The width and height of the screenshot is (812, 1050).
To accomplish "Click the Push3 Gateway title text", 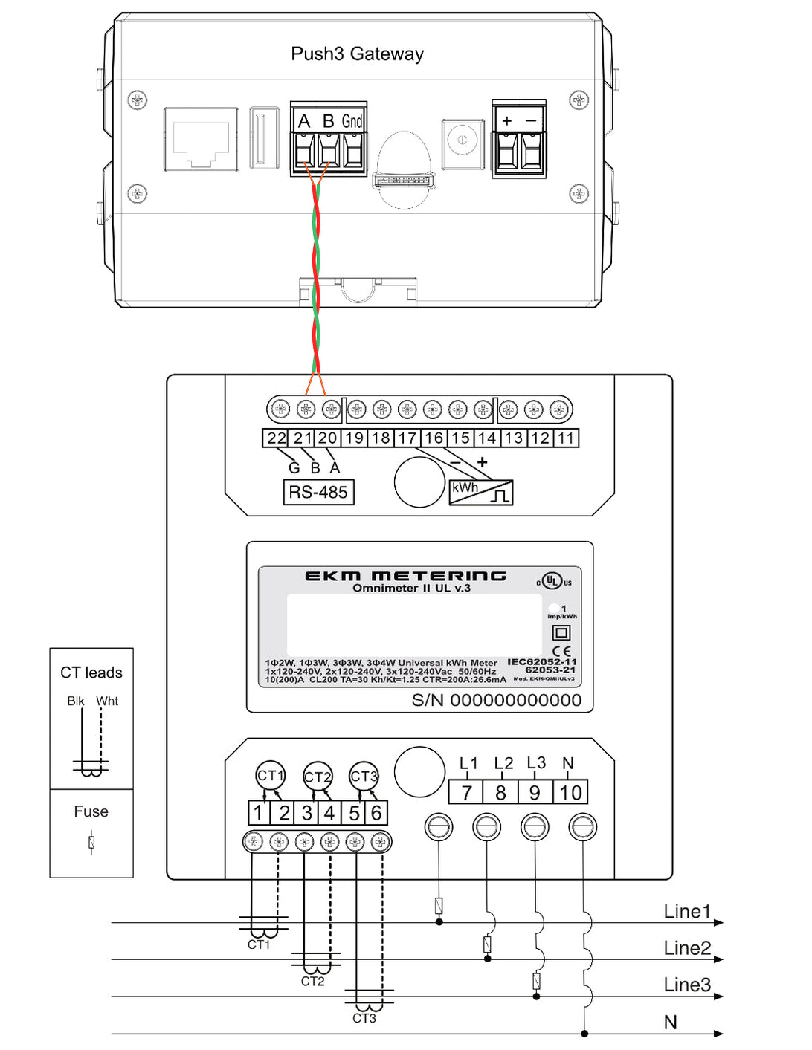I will (357, 54).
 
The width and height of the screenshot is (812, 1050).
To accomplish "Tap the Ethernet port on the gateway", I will (201, 140).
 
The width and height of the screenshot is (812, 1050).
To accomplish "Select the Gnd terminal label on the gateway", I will (352, 121).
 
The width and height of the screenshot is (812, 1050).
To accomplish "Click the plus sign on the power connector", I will (507, 120).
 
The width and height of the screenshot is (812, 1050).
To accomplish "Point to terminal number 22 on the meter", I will (277, 438).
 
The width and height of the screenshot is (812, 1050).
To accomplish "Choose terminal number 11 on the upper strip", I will (566, 438).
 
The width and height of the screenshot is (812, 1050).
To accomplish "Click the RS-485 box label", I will (318, 492).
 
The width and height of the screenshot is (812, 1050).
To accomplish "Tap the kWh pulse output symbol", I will (481, 492).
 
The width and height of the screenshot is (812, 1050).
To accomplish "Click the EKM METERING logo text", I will (405, 576).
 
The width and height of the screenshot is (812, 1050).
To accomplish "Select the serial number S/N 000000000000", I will (497, 700).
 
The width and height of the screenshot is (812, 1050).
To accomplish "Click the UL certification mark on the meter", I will (552, 581).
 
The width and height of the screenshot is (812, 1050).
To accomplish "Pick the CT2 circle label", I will (318, 777).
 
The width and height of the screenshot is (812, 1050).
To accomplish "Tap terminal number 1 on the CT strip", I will (258, 813).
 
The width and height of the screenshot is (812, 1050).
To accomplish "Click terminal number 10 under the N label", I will (570, 793).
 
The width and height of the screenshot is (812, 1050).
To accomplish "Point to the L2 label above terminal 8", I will (503, 764).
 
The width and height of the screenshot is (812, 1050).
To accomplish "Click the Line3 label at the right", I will (687, 985).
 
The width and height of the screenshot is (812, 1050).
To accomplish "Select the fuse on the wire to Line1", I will (439, 906).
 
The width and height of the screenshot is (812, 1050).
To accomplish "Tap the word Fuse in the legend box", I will (91, 812).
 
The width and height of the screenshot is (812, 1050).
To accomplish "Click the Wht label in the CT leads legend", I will (107, 701).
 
